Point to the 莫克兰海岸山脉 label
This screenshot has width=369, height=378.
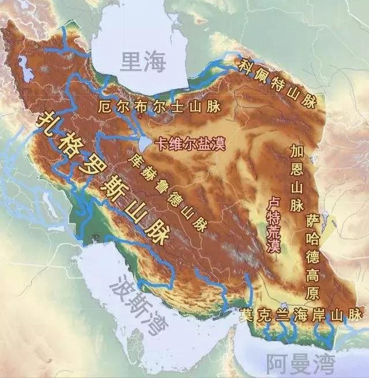(301, 315)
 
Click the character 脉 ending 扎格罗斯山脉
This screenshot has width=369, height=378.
(156, 233)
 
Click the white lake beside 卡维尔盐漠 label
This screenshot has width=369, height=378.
(142, 142)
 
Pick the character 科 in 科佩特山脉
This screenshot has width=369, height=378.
(247, 63)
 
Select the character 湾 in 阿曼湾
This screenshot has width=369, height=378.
(323, 363)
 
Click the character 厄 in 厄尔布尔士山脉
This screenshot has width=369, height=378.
(104, 106)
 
